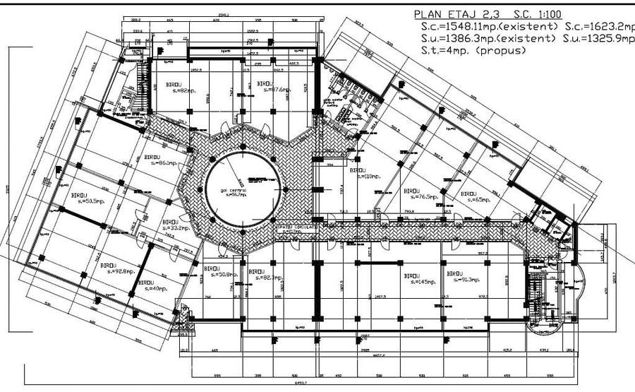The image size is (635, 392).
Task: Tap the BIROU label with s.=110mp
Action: coord(358,171)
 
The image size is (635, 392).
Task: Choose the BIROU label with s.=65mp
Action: coord(468,194)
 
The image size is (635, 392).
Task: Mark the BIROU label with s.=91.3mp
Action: coord(454,273)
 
